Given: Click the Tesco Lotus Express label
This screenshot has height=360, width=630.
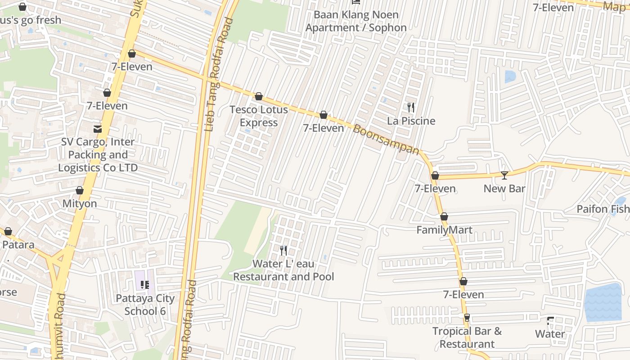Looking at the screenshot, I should point(258,116).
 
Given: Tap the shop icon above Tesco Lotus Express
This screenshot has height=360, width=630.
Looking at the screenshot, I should point(259,96).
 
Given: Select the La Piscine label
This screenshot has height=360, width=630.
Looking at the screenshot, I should point(411,121).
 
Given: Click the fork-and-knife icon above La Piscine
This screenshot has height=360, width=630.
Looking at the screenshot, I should point(410,107).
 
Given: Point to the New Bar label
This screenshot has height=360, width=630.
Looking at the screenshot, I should point(504,188).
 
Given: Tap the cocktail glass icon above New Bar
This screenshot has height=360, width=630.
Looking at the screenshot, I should point(504,175).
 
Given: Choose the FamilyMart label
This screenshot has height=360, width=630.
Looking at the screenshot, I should point(444,230).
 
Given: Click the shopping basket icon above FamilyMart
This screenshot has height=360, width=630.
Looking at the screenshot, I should point(444,217).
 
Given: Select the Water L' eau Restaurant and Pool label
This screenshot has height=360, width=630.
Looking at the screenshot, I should point(283,270).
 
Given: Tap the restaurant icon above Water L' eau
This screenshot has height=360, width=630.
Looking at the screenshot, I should point(283,251).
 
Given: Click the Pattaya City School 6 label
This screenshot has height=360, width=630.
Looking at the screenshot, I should point(145,305).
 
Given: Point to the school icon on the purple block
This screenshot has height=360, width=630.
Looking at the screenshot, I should point(145,284).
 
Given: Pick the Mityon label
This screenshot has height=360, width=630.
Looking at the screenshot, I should point(80,203).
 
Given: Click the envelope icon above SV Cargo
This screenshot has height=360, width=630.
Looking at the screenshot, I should point(98,129).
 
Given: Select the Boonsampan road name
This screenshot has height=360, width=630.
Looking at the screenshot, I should point(386,139).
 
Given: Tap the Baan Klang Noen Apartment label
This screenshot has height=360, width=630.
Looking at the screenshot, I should point(356,21).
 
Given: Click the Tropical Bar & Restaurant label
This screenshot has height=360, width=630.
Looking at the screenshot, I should point(467,337).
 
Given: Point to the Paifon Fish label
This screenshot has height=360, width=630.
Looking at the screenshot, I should point(603,209).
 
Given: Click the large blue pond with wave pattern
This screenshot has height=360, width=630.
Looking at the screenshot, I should point(603,302).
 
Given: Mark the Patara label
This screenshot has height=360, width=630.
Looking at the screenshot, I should point(18,245).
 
